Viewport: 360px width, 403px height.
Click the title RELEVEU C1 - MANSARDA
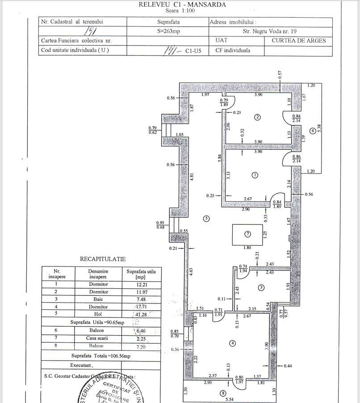176,5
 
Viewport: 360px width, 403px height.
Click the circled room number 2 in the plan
257,117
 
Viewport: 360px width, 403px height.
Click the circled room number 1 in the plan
255,175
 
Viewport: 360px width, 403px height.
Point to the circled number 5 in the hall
206,218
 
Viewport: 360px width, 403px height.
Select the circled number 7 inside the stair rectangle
247,234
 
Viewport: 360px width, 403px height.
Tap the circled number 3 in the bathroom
260,287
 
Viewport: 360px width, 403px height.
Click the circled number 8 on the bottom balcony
223,393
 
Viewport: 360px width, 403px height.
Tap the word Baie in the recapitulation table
98,299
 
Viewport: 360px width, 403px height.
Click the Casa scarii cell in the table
98,338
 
